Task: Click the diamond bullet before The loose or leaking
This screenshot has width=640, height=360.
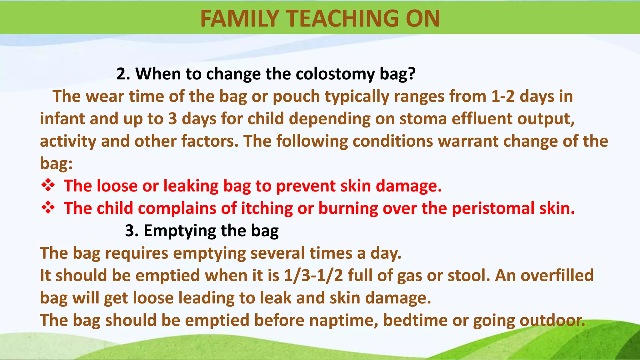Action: [48, 185]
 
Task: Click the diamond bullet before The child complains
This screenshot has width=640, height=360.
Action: [48, 208]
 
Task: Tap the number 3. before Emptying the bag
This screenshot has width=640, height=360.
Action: [132, 231]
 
